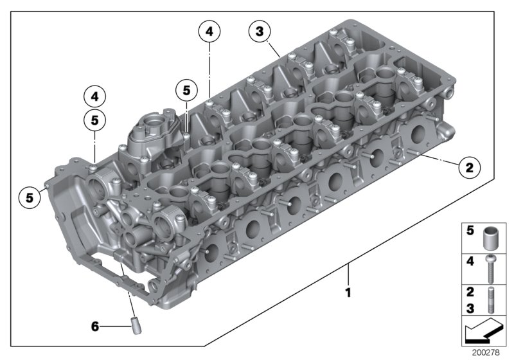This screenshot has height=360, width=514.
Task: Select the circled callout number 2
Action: (x=469, y=168)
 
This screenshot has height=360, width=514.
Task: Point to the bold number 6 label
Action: (x=95, y=327)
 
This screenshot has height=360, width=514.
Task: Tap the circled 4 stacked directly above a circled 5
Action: (x=94, y=97)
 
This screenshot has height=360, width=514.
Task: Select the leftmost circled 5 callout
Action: (x=29, y=197)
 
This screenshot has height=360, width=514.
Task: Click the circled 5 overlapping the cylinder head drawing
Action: (x=186, y=90)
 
